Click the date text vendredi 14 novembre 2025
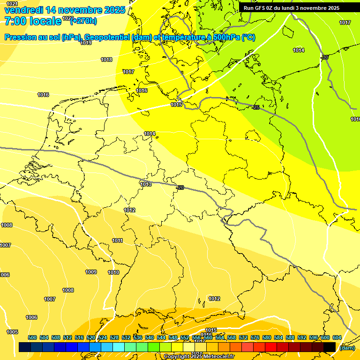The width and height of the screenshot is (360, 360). tap(65, 10)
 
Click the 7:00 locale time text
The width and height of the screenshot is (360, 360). tap(33, 21)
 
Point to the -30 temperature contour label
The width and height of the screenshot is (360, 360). tap(325, 57)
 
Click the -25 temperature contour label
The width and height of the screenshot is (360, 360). tap(256, 108)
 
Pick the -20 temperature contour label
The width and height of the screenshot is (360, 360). tap(180, 188)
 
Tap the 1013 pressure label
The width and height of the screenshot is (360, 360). tap(146, 184)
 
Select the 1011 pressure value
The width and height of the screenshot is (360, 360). tap(117, 240)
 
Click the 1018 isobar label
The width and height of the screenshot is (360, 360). tap(106, 60)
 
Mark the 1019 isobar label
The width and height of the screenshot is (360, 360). tap(86, 43)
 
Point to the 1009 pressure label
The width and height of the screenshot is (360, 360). tap(91, 272)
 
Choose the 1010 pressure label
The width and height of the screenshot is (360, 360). tap(113, 272)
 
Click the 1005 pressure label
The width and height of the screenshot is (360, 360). tap(12, 332)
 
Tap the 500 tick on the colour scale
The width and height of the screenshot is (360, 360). tap(32, 337)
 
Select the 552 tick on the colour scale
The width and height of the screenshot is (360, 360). tap(185, 337)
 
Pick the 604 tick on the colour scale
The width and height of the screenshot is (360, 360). tap(337, 337)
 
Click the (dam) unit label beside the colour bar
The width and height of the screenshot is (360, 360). tap(347, 347)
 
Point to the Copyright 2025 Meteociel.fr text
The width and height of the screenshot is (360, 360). tap(199, 357)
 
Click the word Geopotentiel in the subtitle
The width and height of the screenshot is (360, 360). tap(106, 37)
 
